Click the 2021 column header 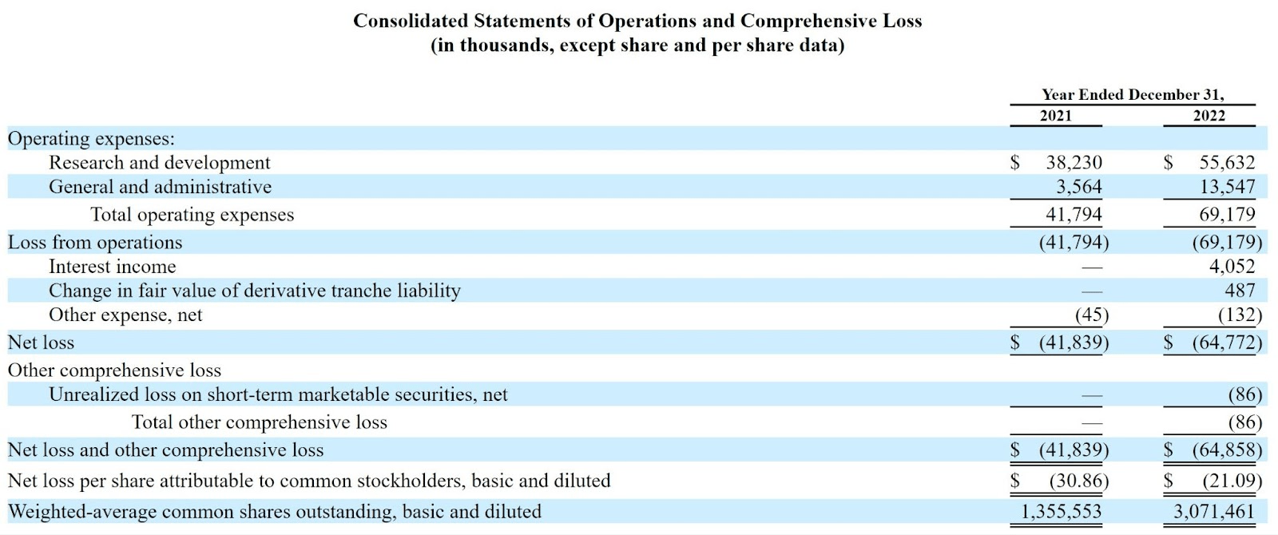point(1055,116)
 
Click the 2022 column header point(1209,116)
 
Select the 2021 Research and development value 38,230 point(1074,163)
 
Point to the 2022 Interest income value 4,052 point(1232,267)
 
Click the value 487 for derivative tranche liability point(1240,291)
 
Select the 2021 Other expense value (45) point(1091,315)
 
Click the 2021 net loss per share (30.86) point(1078,481)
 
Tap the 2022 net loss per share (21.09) point(1232,481)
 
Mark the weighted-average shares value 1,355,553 point(1061,512)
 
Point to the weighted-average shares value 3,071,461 point(1214,512)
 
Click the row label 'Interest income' point(112,267)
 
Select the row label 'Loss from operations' point(95,243)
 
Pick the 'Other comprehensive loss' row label point(114,371)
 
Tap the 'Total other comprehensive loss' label point(259,422)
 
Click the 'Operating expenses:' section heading point(91,139)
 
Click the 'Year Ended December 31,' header point(1132,95)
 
